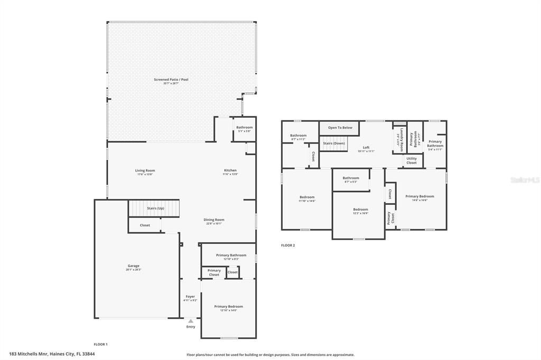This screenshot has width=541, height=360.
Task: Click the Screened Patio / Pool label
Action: pyautogui.click(x=171, y=80)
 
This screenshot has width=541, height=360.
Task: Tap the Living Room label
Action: pyautogui.click(x=145, y=170)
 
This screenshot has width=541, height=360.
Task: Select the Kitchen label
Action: pyautogui.click(x=230, y=170)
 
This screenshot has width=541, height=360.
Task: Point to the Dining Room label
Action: pyautogui.click(x=214, y=220)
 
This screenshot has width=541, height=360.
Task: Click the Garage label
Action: pyautogui.click(x=133, y=266)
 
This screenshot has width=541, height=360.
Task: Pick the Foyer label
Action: pyautogui.click(x=190, y=297)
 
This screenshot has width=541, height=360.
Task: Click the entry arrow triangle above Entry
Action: pyautogui.click(x=191, y=320)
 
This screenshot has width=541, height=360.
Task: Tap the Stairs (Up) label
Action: pyautogui.click(x=155, y=209)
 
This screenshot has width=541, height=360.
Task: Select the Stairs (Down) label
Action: pyautogui.click(x=334, y=143)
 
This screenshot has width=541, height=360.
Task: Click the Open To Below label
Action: pyautogui.click(x=340, y=128)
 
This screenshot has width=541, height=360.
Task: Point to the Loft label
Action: pyautogui.click(x=366, y=148)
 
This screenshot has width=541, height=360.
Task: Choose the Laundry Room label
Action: pyautogui.click(x=402, y=140)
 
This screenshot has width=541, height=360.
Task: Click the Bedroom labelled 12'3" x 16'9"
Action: pyautogui.click(x=360, y=210)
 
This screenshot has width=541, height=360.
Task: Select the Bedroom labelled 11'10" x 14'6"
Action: pyautogui.click(x=306, y=197)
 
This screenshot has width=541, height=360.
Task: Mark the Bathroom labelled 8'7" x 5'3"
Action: pyautogui.click(x=351, y=178)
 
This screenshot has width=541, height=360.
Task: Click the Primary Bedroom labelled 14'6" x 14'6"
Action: pyautogui.click(x=419, y=196)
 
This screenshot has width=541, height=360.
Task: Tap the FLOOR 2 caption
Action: pyautogui.click(x=288, y=245)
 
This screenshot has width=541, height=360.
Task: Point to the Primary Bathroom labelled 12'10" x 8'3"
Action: pyautogui.click(x=231, y=255)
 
